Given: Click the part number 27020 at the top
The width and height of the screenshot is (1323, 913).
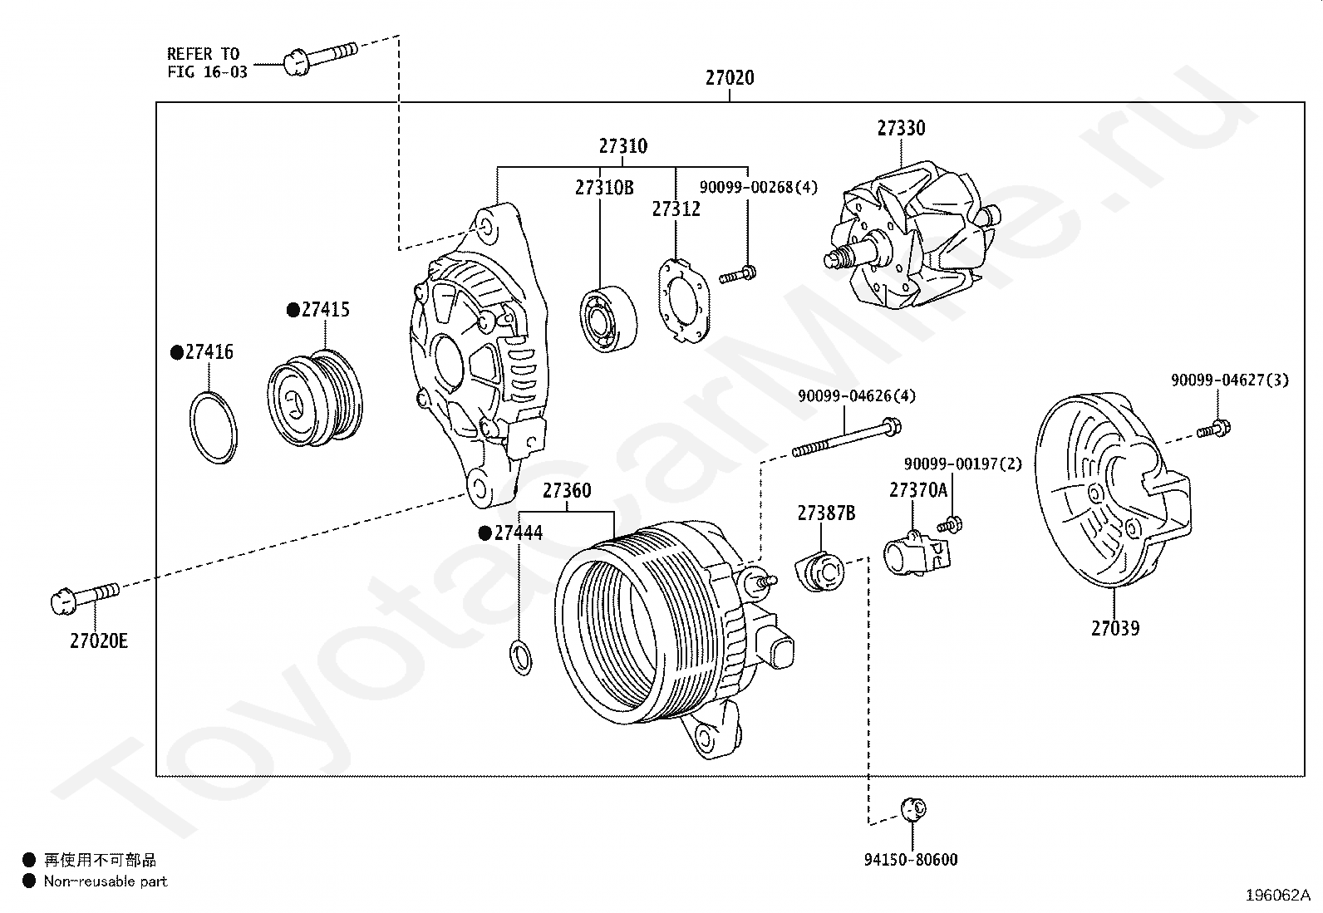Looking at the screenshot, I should click(730, 78).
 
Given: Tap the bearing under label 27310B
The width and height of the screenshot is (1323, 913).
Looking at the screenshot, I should click(607, 317).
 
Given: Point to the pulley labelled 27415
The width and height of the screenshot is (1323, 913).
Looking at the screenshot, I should click(317, 397).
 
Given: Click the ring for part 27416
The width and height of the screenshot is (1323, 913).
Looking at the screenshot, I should click(214, 427).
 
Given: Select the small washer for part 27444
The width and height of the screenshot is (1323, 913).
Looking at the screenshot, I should click(520, 657).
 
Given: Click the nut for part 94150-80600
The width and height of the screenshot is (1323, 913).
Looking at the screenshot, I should click(913, 807).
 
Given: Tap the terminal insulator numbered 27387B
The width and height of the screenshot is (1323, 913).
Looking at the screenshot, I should click(819, 571).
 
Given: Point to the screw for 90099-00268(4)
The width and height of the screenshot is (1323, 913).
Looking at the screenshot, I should click(738, 274).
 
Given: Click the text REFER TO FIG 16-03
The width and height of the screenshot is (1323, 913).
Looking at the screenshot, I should click(207, 63).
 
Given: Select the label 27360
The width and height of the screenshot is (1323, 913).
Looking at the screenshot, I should click(567, 491).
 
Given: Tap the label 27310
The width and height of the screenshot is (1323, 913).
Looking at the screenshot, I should click(622, 146).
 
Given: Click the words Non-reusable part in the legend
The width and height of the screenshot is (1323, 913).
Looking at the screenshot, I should click(106, 881).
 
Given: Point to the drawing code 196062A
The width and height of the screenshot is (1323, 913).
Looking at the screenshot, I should click(1277, 896).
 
